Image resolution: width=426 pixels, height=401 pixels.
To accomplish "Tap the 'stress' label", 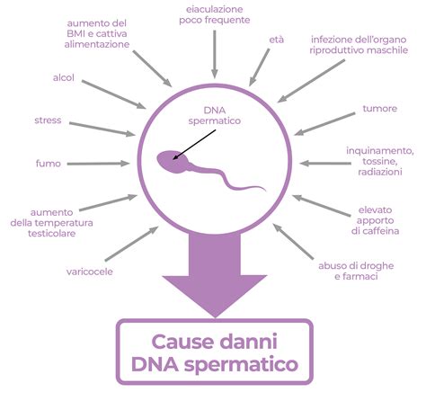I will pyautogui.click(x=48, y=120).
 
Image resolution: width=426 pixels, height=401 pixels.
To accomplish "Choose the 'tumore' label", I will pyautogui.click(x=380, y=109).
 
